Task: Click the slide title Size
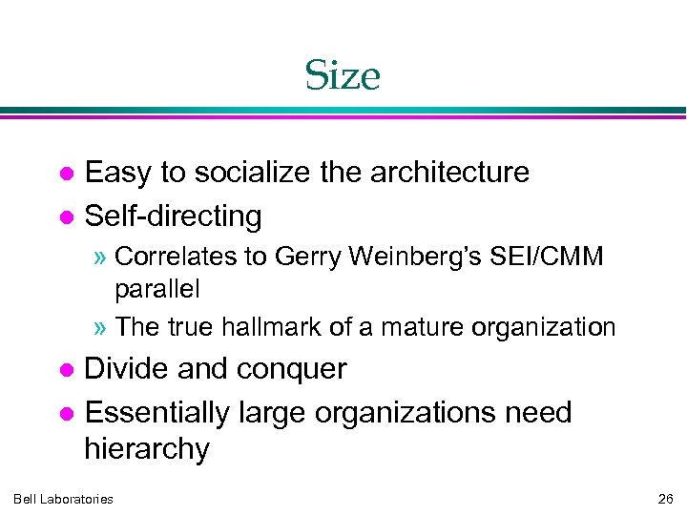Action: click(343, 75)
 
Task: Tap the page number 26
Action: click(665, 499)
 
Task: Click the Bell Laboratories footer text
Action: click(63, 499)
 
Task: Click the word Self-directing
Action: click(173, 216)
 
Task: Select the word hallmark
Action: click(274, 327)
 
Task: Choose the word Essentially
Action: click(156, 413)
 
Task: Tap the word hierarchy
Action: click(146, 449)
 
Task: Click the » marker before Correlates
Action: click(103, 257)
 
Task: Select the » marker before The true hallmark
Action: click(103, 328)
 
